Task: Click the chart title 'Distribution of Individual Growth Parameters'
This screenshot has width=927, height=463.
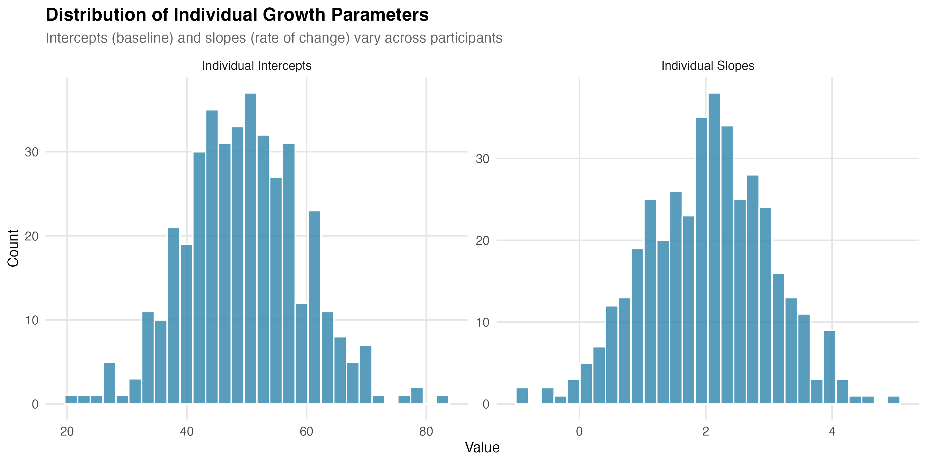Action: coord(237,15)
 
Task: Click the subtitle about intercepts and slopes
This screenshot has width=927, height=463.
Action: coord(273,38)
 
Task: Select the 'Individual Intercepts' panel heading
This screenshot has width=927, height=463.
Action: coord(256,66)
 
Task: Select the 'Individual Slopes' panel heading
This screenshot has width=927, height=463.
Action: coord(708,66)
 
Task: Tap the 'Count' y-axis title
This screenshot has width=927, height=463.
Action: coord(13,248)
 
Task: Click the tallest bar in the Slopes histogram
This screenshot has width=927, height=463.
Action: coord(714,248)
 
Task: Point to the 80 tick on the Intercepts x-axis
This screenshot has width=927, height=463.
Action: coord(426,431)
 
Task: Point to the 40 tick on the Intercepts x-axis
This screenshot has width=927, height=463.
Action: coord(186,431)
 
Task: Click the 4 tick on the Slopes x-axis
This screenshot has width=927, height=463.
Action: coord(832,431)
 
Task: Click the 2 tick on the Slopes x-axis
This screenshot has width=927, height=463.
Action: coord(705,431)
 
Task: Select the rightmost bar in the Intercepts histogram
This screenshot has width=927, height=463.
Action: coord(442,400)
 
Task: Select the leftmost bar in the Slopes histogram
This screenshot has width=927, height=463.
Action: coord(522,396)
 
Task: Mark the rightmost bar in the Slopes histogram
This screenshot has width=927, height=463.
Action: coord(894,400)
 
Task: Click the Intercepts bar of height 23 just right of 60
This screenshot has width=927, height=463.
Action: coord(314,307)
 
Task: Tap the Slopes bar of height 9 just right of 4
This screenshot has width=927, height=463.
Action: coord(829,367)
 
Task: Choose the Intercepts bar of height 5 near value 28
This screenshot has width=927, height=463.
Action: coord(109,383)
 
